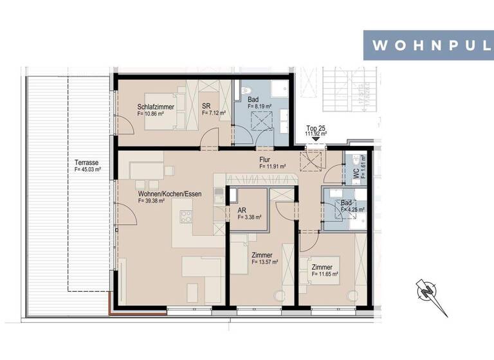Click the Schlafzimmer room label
tap(155, 107)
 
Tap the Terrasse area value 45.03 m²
tap(87, 170)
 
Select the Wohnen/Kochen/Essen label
tap(169, 193)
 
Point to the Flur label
tap(264, 159)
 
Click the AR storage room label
tap(242, 210)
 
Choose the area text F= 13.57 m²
tap(264, 262)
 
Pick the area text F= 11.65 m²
tap(324, 274)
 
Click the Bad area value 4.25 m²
tap(352, 210)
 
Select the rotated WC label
tap(355, 173)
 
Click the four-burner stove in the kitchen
tap(187, 217)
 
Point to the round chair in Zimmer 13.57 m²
tap(279, 296)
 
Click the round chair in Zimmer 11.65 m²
tap(351, 296)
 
